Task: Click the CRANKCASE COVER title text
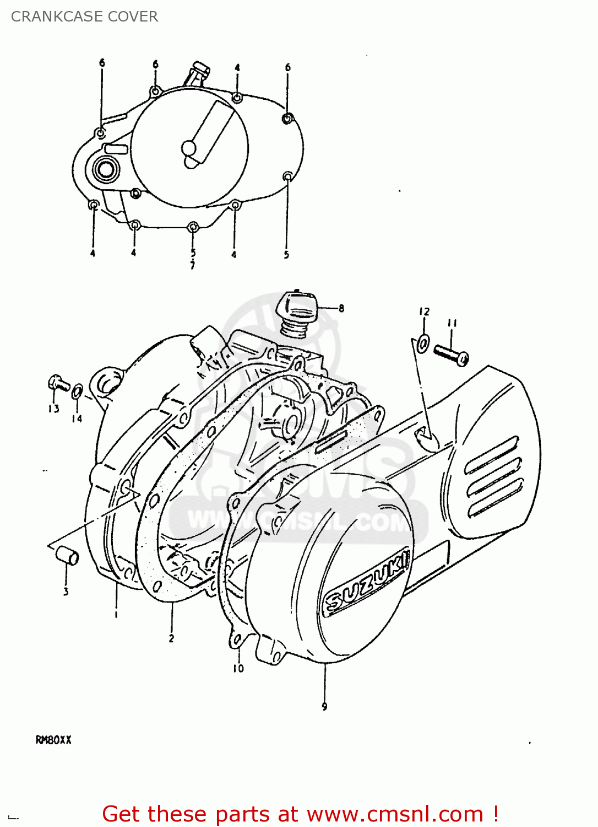pos(84,17)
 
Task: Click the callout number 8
pos(341,308)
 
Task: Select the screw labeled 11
pos(451,354)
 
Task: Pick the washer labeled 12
pos(423,344)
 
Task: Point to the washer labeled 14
pos(78,392)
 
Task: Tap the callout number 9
pos(324,706)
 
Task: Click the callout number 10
pos(238,668)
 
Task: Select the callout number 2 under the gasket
pos(171,638)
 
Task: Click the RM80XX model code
pos(53,740)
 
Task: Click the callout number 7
pos(192,266)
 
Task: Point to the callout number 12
pos(423,312)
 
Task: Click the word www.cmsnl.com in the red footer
pos(395,814)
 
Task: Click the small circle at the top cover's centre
pos(188,148)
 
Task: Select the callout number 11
pos(452,323)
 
